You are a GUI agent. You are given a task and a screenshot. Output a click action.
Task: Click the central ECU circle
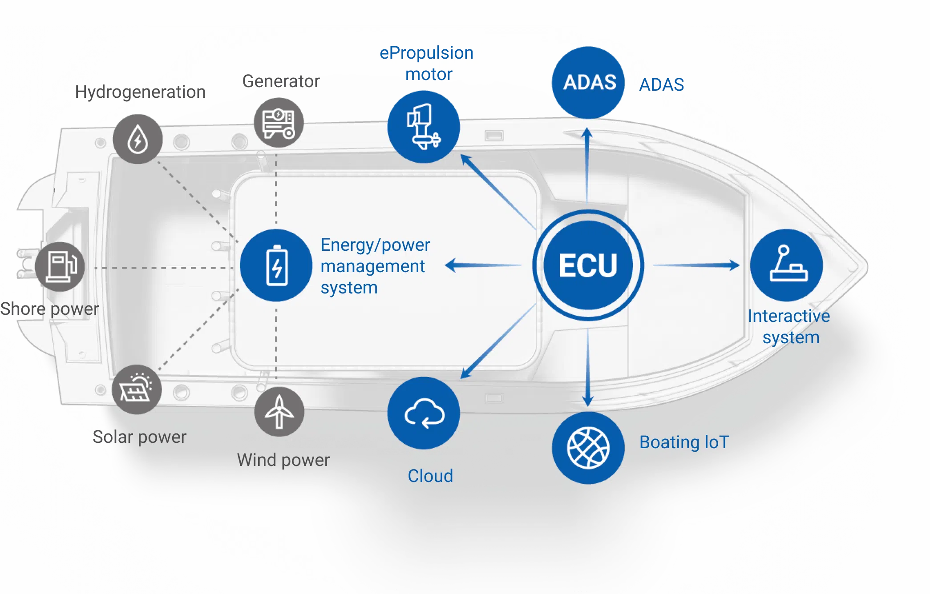(588, 265)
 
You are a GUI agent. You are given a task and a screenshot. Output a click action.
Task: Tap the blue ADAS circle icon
(588, 83)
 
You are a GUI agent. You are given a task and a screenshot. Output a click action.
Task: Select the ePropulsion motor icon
(424, 127)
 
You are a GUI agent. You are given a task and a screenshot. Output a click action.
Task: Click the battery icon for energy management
(276, 265)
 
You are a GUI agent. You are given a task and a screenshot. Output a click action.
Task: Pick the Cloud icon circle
(424, 413)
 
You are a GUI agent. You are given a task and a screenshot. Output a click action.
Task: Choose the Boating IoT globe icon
(588, 448)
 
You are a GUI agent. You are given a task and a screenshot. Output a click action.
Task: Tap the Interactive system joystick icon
(786, 265)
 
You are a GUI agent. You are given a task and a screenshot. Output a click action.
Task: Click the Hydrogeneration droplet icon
(137, 139)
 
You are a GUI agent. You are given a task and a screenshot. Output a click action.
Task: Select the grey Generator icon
(279, 122)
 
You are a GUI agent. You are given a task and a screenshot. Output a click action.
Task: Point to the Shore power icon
(60, 266)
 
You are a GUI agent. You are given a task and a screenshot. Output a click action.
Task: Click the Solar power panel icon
(137, 389)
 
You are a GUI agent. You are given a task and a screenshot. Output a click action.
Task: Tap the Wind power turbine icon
(279, 412)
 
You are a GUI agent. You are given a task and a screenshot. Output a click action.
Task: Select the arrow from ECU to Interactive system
(696, 265)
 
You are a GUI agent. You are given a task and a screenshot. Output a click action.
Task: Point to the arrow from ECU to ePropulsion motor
(498, 191)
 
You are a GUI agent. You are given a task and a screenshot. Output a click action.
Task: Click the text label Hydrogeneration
(140, 92)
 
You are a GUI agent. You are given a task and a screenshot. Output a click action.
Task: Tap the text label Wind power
(283, 460)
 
